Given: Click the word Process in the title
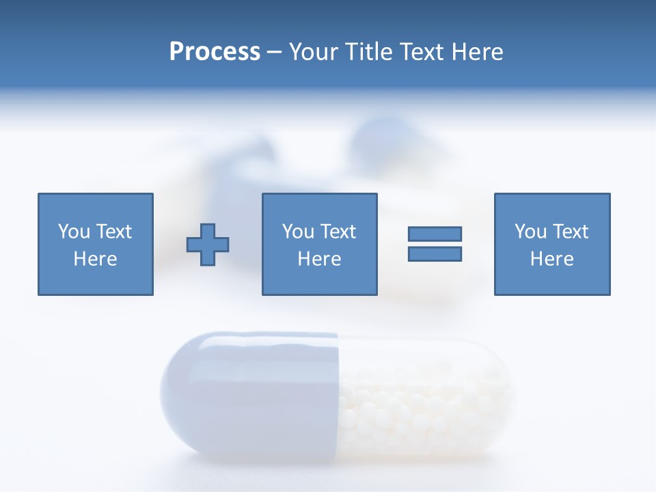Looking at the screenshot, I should [215, 52].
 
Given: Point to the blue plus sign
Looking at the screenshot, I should [208, 245].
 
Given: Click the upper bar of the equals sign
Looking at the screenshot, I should [435, 234].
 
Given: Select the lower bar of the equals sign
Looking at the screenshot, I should [435, 254].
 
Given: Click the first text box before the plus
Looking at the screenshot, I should [96, 244].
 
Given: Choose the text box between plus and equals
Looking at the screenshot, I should [319, 244].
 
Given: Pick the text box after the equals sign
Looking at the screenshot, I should [551, 244].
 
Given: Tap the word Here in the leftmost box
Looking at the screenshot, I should [96, 259].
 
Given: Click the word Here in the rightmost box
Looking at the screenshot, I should [551, 259].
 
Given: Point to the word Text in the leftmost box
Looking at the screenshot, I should [114, 232].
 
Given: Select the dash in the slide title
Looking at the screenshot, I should [274, 52].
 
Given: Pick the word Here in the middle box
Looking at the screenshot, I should [319, 259].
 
